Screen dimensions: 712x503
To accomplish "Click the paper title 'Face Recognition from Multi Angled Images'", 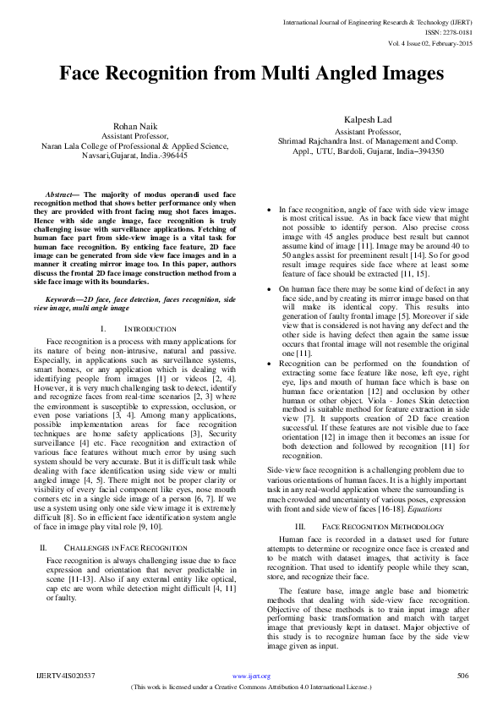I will coord(251,74).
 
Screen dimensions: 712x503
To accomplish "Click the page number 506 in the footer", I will coord(462,676).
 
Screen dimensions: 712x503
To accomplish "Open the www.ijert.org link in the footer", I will coord(251,676).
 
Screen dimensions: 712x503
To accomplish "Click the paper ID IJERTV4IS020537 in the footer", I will coord(66,676).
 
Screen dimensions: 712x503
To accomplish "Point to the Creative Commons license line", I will coord(252,687).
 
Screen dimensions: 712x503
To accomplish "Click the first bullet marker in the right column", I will coord(269,209).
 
